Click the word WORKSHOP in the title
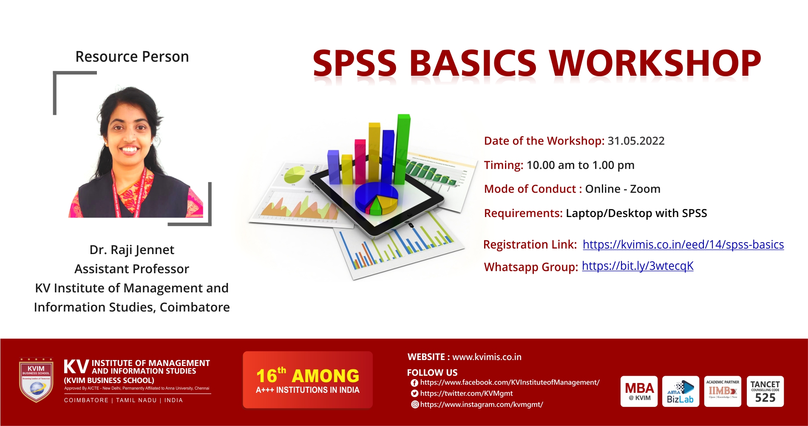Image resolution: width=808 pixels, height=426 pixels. (655, 64)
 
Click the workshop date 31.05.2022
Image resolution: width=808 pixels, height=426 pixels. (636, 141)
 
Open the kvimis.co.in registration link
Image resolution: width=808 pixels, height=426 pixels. (683, 245)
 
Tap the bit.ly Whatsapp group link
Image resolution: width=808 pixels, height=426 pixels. (638, 266)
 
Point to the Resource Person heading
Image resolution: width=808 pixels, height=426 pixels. (132, 57)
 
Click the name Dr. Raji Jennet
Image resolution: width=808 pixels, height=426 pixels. (132, 250)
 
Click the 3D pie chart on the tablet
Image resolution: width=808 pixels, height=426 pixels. (377, 198)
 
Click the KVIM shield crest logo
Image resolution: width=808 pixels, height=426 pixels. (36, 380)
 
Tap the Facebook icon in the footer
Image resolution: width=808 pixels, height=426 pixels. (414, 383)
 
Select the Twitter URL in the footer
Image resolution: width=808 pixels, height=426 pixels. (466, 394)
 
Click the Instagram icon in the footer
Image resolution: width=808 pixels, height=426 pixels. (415, 405)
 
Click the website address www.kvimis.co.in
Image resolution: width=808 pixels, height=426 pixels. (487, 357)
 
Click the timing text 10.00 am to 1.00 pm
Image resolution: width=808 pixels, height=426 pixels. (580, 165)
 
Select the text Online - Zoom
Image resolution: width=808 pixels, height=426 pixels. (622, 189)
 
